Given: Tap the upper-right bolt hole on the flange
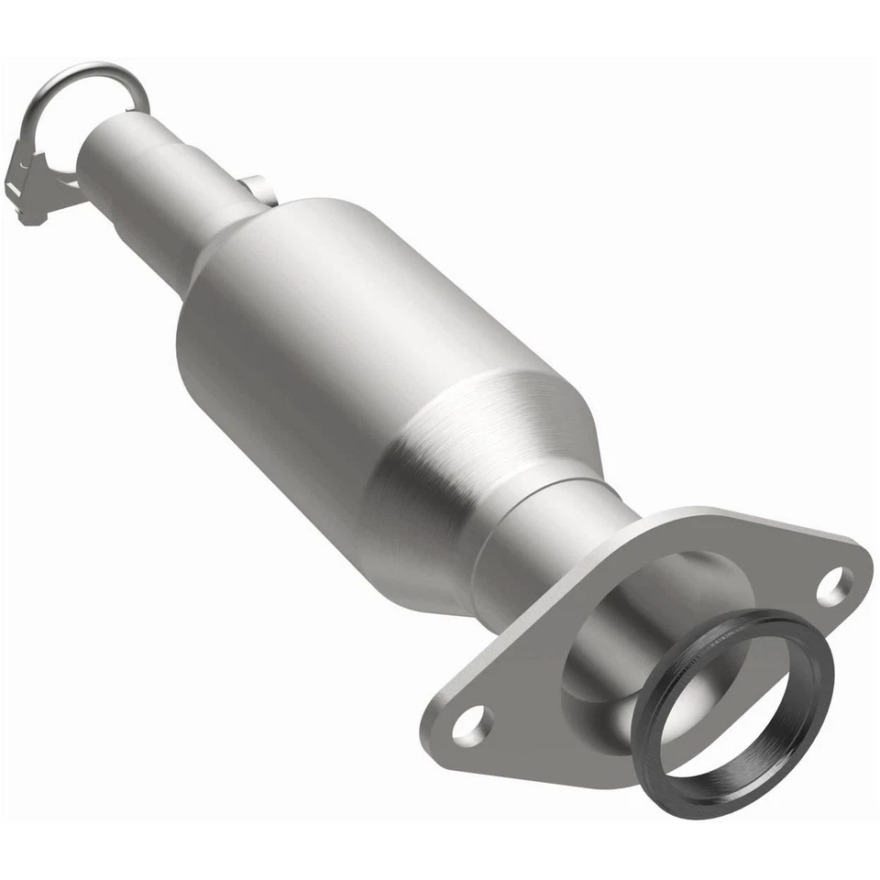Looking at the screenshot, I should pos(833,587).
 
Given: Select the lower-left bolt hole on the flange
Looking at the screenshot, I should pos(471,725).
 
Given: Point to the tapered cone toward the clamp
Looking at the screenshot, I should pos(229,243).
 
